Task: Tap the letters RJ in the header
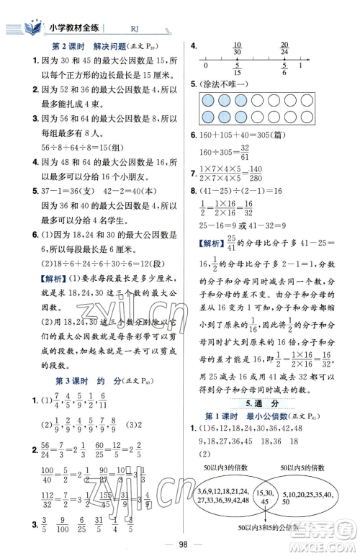click(x=135, y=29)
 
